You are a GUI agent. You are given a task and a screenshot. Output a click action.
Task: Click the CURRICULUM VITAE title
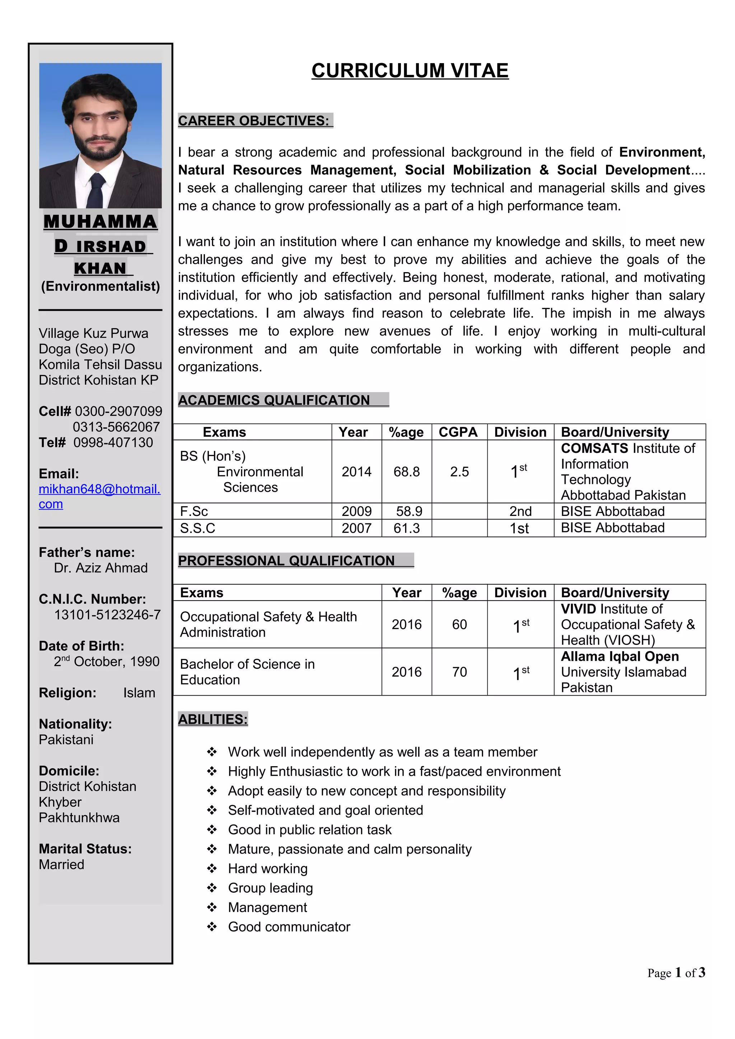coord(410,71)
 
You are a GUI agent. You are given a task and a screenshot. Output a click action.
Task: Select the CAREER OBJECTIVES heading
coord(254,121)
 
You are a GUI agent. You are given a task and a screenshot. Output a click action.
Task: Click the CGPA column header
coord(458,432)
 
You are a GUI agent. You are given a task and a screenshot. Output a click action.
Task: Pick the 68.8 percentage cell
coord(406,471)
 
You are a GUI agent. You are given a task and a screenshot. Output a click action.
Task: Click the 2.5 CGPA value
coord(459,471)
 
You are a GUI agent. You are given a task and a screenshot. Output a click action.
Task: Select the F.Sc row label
coord(194,511)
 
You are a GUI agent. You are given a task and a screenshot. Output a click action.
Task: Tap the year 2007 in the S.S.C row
coord(356,528)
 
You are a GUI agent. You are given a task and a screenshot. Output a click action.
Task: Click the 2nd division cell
coord(520,511)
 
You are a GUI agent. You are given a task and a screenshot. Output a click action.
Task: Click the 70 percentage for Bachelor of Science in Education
coord(459,672)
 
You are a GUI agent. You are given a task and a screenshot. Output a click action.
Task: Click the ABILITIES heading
coord(213,719)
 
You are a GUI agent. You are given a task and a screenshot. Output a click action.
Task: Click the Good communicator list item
coord(289,927)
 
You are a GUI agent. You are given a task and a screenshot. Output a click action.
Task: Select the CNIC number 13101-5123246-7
coord(107,615)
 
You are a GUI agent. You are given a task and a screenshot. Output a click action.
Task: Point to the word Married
coord(62,864)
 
